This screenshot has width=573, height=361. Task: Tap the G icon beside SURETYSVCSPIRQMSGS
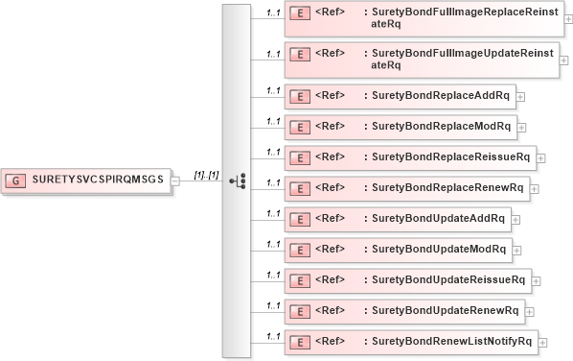[x=16, y=180]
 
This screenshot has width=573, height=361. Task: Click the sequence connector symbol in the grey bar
[x=238, y=180]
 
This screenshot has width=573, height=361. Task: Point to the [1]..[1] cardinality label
[x=207, y=174]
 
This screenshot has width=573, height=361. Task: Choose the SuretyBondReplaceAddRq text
[x=440, y=96]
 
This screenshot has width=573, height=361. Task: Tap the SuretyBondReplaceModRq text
[x=440, y=126]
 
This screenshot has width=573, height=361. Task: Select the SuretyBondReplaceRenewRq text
[x=447, y=186]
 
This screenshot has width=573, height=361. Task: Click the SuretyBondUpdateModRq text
[x=438, y=249]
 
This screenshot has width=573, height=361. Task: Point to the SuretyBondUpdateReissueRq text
[x=447, y=279]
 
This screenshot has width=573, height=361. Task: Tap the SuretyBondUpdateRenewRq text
[x=444, y=310]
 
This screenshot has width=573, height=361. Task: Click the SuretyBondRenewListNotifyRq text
[x=451, y=341]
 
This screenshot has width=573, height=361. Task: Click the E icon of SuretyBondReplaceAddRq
[x=299, y=96]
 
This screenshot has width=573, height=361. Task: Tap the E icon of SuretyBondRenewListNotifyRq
[x=299, y=341]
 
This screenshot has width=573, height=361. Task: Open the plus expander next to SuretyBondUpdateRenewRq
[x=530, y=311]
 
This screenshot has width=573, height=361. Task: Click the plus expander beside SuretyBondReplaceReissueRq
[x=541, y=157]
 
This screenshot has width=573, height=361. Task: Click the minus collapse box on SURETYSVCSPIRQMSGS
[x=174, y=180]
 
